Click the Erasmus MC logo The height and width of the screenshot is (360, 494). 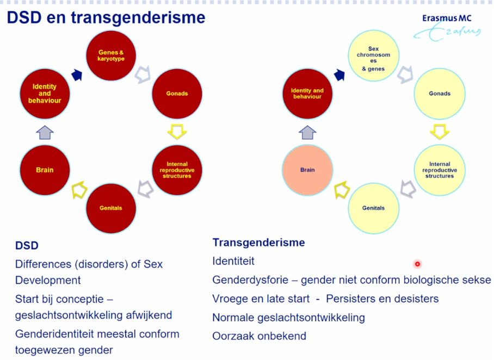(x=447, y=26)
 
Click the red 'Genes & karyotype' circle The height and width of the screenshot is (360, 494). (x=112, y=55)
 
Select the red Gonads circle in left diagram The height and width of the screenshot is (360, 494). (x=177, y=94)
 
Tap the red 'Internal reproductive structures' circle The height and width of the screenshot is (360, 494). (x=177, y=170)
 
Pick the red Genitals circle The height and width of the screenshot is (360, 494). (x=111, y=208)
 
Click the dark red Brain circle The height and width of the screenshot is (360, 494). (x=45, y=170)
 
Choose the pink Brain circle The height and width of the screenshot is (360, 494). (x=307, y=170)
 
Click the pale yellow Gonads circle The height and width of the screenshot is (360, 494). (x=440, y=94)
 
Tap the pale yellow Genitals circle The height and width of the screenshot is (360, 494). (x=373, y=208)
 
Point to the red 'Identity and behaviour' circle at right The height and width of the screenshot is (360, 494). (x=307, y=94)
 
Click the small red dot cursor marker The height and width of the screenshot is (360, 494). (x=417, y=264)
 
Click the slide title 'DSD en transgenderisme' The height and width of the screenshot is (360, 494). (x=106, y=18)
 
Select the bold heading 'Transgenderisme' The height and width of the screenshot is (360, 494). (x=258, y=243)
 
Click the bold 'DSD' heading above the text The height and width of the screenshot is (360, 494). (x=27, y=246)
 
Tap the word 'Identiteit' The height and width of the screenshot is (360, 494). (x=233, y=262)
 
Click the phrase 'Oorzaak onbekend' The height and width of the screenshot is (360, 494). (x=259, y=336)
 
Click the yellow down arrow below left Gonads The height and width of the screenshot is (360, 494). (x=177, y=131)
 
